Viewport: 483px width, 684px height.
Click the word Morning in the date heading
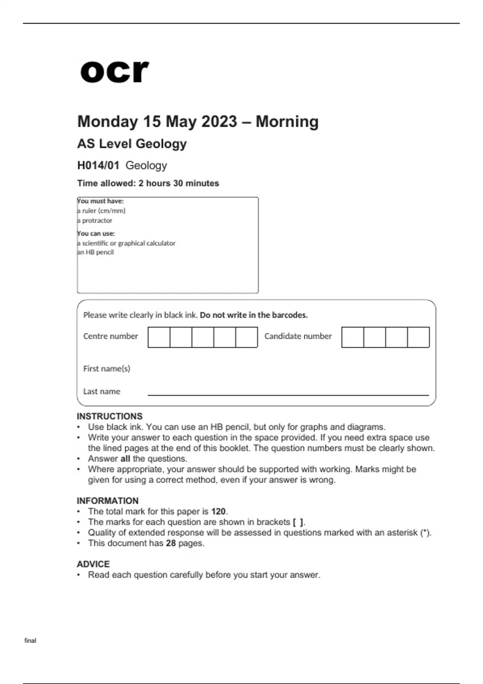pos(287,122)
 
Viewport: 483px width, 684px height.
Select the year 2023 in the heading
pos(219,122)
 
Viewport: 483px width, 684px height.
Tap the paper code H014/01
pos(98,165)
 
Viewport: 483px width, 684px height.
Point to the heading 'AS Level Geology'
pos(132,144)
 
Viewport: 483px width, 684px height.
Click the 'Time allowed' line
pos(148,183)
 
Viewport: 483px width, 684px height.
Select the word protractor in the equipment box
pos(97,220)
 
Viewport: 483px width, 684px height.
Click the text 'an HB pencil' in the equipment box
pos(95,252)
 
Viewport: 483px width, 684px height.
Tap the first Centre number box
pos(159,337)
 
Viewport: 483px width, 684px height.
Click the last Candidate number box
pos(418,337)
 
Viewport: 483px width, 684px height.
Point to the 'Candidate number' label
pos(298,336)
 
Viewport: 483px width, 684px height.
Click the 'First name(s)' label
pos(107,369)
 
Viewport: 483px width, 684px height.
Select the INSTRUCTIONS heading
pos(109,416)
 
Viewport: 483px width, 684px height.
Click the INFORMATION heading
pos(107,501)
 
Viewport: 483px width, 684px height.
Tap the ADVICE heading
pos(93,564)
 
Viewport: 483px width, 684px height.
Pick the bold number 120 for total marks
pos(219,511)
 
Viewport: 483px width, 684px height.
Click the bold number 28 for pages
pos(171,543)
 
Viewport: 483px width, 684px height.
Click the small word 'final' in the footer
pos(30,641)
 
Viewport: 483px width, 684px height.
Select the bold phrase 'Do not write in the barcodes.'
pos(254,315)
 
